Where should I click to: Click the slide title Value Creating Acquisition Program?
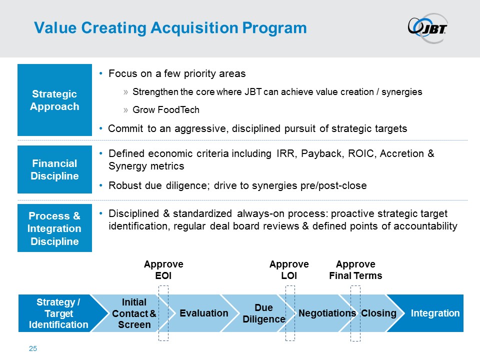(170, 28)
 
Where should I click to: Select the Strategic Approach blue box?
(54, 100)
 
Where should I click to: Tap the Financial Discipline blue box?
(54, 169)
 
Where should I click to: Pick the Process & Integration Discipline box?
(54, 228)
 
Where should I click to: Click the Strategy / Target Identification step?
(58, 313)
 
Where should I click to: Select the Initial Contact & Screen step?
(134, 313)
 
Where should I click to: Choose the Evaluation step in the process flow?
(203, 313)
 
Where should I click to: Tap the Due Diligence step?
(263, 313)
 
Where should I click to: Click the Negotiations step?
(326, 313)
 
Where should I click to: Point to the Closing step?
(378, 313)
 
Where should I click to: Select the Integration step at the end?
(435, 313)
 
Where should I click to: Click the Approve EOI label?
(163, 270)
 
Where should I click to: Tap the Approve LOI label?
(289, 270)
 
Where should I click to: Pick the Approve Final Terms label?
(355, 270)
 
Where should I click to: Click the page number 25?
(33, 348)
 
